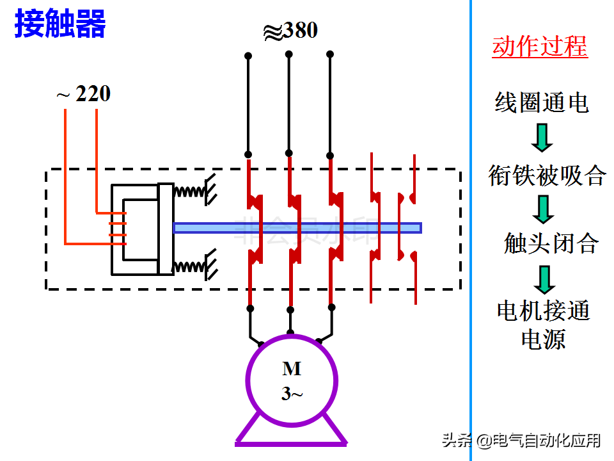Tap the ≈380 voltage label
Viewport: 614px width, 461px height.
click(290, 31)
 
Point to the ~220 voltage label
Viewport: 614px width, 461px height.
click(83, 95)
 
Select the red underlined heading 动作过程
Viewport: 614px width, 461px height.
click(539, 47)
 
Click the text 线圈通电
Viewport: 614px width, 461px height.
click(541, 102)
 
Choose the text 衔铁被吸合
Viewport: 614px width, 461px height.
click(546, 175)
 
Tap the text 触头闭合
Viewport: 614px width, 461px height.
click(551, 243)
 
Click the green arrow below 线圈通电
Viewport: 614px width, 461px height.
click(542, 138)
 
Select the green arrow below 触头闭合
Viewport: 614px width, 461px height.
click(545, 279)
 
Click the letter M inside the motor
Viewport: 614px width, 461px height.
click(292, 369)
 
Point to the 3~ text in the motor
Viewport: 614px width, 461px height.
click(292, 393)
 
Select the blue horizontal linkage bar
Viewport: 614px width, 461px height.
click(297, 227)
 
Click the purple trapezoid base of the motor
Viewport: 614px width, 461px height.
click(292, 432)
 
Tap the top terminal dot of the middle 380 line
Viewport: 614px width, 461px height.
click(288, 54)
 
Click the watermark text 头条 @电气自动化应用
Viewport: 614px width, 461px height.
click(521, 441)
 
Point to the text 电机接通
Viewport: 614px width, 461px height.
click(543, 311)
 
